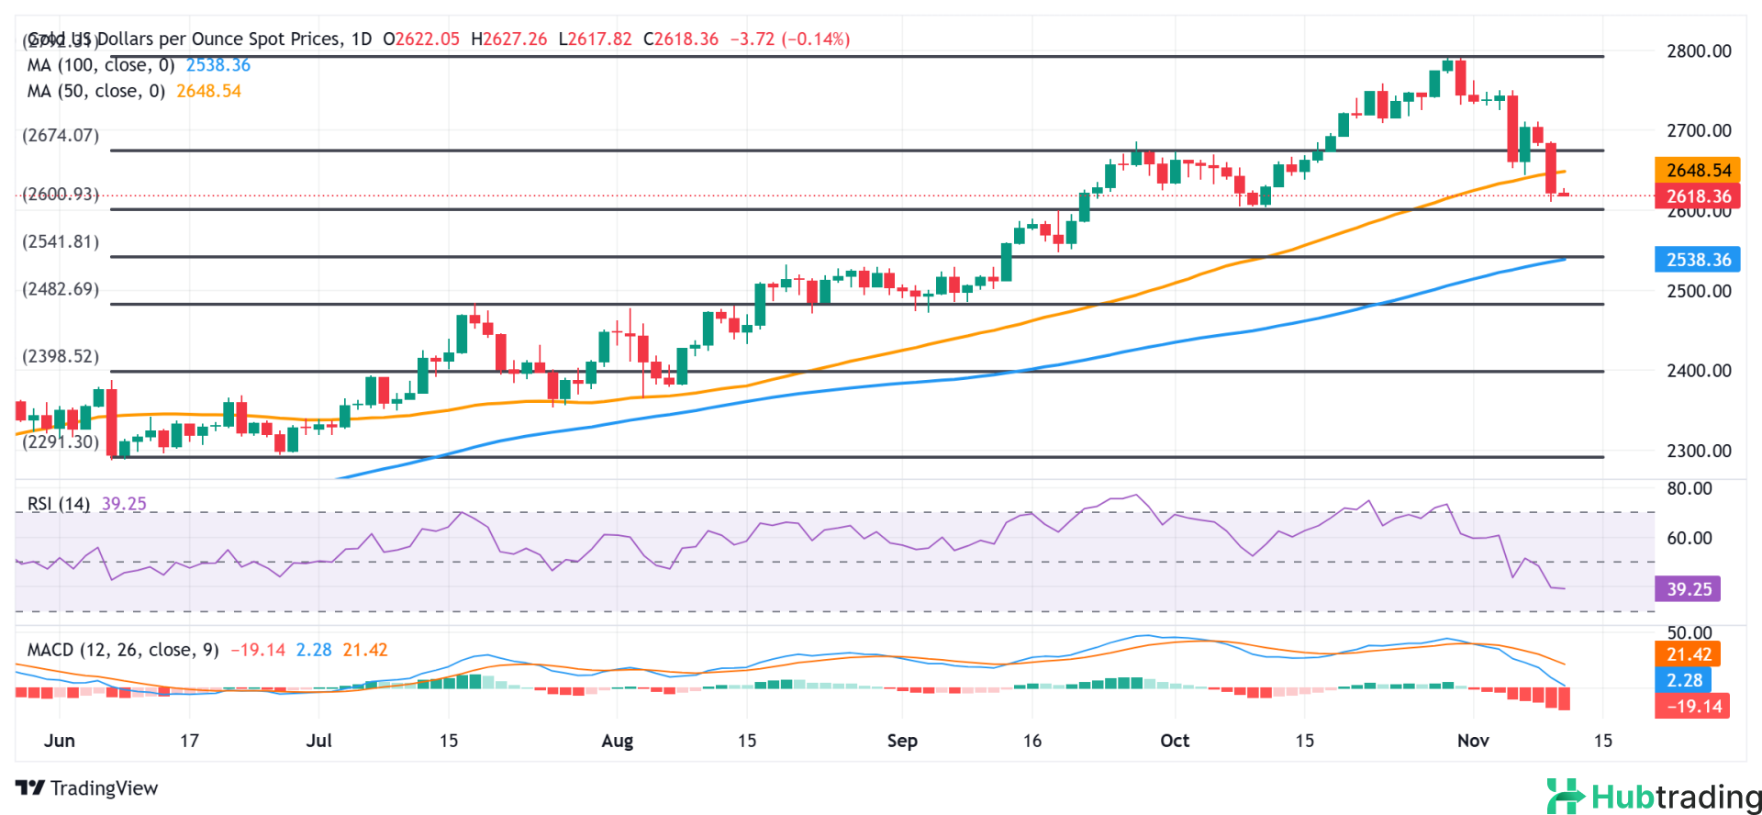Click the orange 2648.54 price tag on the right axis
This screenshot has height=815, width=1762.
[1698, 170]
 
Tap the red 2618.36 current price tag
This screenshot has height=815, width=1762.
[1698, 195]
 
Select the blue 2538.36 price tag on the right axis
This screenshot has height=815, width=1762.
[1698, 260]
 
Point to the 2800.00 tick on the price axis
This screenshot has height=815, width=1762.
[1699, 51]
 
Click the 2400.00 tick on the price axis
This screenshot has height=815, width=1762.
[1699, 371]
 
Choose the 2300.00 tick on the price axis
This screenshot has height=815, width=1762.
[1699, 451]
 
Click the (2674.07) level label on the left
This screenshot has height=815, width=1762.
[61, 135]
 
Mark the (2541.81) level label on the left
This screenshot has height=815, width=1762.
[61, 241]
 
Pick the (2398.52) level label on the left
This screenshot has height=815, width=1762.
[61, 356]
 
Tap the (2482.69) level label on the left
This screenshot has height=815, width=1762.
[61, 289]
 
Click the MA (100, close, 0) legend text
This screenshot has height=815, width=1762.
[101, 65]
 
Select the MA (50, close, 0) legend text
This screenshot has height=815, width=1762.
[96, 91]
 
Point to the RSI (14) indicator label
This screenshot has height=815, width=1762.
[59, 504]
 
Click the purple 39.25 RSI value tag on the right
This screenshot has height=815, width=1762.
[1689, 588]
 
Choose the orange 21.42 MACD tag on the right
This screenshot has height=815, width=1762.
[1689, 654]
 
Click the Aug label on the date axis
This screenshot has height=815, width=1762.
[617, 741]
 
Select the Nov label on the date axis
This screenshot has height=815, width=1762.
[1473, 741]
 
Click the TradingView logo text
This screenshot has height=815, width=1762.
[87, 788]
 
